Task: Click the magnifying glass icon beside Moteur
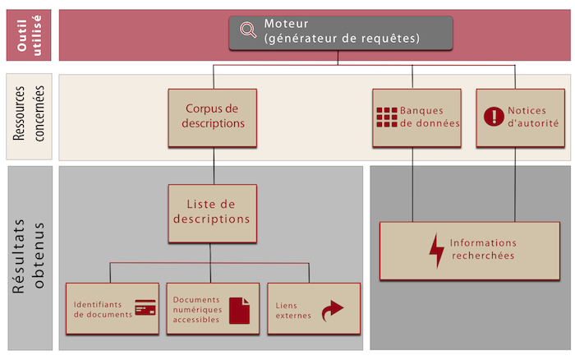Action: (x=247, y=30)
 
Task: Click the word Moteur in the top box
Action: (x=287, y=24)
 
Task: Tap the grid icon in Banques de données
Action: (x=386, y=117)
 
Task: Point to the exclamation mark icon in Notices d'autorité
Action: (x=492, y=117)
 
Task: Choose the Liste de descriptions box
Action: (x=212, y=212)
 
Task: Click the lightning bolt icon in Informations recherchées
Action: (x=436, y=251)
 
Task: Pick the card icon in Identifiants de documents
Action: (x=146, y=307)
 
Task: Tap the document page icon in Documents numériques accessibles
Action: (x=238, y=310)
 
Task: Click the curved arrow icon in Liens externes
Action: (x=331, y=310)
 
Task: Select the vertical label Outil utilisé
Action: (x=30, y=35)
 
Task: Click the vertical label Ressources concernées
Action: (x=30, y=118)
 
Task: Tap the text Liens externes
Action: (x=293, y=310)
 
